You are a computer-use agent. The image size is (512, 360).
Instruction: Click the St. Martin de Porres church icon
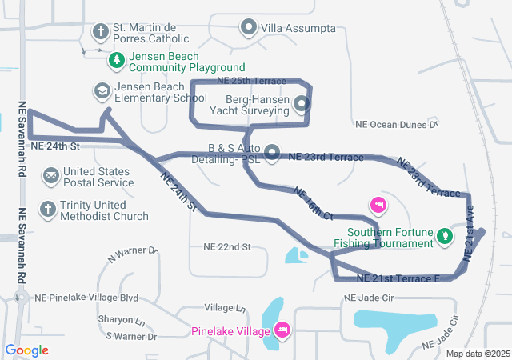pyautogui.click(x=100, y=32)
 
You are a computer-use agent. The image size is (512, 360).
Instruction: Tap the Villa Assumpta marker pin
pyautogui.click(x=249, y=29)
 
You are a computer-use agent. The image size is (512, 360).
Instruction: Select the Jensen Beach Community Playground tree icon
pyautogui.click(x=117, y=61)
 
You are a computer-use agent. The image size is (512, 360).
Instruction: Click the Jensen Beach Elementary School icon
pyautogui.click(x=102, y=91)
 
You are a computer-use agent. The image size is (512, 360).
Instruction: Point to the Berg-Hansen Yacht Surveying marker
pyautogui.click(x=301, y=103)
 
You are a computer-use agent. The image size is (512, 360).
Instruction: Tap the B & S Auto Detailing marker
pyautogui.click(x=272, y=152)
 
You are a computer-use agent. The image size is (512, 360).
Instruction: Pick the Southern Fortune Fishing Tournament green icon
pyautogui.click(x=444, y=236)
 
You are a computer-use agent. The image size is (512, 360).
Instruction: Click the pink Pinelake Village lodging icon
pyautogui.click(x=282, y=330)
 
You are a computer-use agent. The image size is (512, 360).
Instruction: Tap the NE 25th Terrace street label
pyautogui.click(x=251, y=82)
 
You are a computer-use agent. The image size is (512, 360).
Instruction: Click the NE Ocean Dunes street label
pyautogui.click(x=397, y=124)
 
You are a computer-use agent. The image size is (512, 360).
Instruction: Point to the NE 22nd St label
pyautogui.click(x=227, y=246)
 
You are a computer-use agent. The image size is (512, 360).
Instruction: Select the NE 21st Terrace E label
pyautogui.click(x=398, y=278)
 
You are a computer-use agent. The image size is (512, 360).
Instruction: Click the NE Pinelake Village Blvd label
pyautogui.click(x=82, y=298)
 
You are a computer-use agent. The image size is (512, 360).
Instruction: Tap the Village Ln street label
pyautogui.click(x=225, y=308)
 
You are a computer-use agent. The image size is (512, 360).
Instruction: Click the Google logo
pyautogui.click(x=27, y=350)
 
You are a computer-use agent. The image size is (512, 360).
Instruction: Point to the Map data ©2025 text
pyautogui.click(x=478, y=354)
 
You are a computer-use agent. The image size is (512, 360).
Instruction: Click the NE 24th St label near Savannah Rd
pyautogui.click(x=56, y=146)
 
